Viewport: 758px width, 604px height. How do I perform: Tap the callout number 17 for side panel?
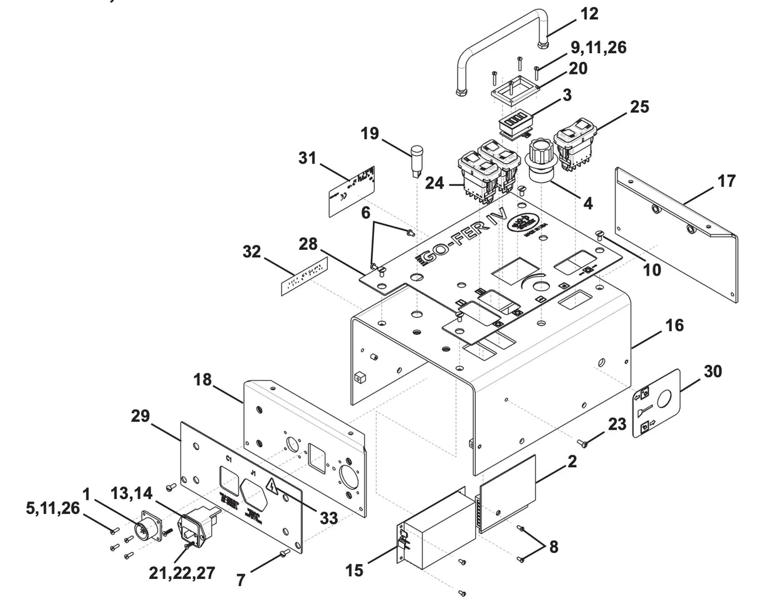pos(726,182)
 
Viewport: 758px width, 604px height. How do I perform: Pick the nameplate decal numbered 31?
pos(352,191)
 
